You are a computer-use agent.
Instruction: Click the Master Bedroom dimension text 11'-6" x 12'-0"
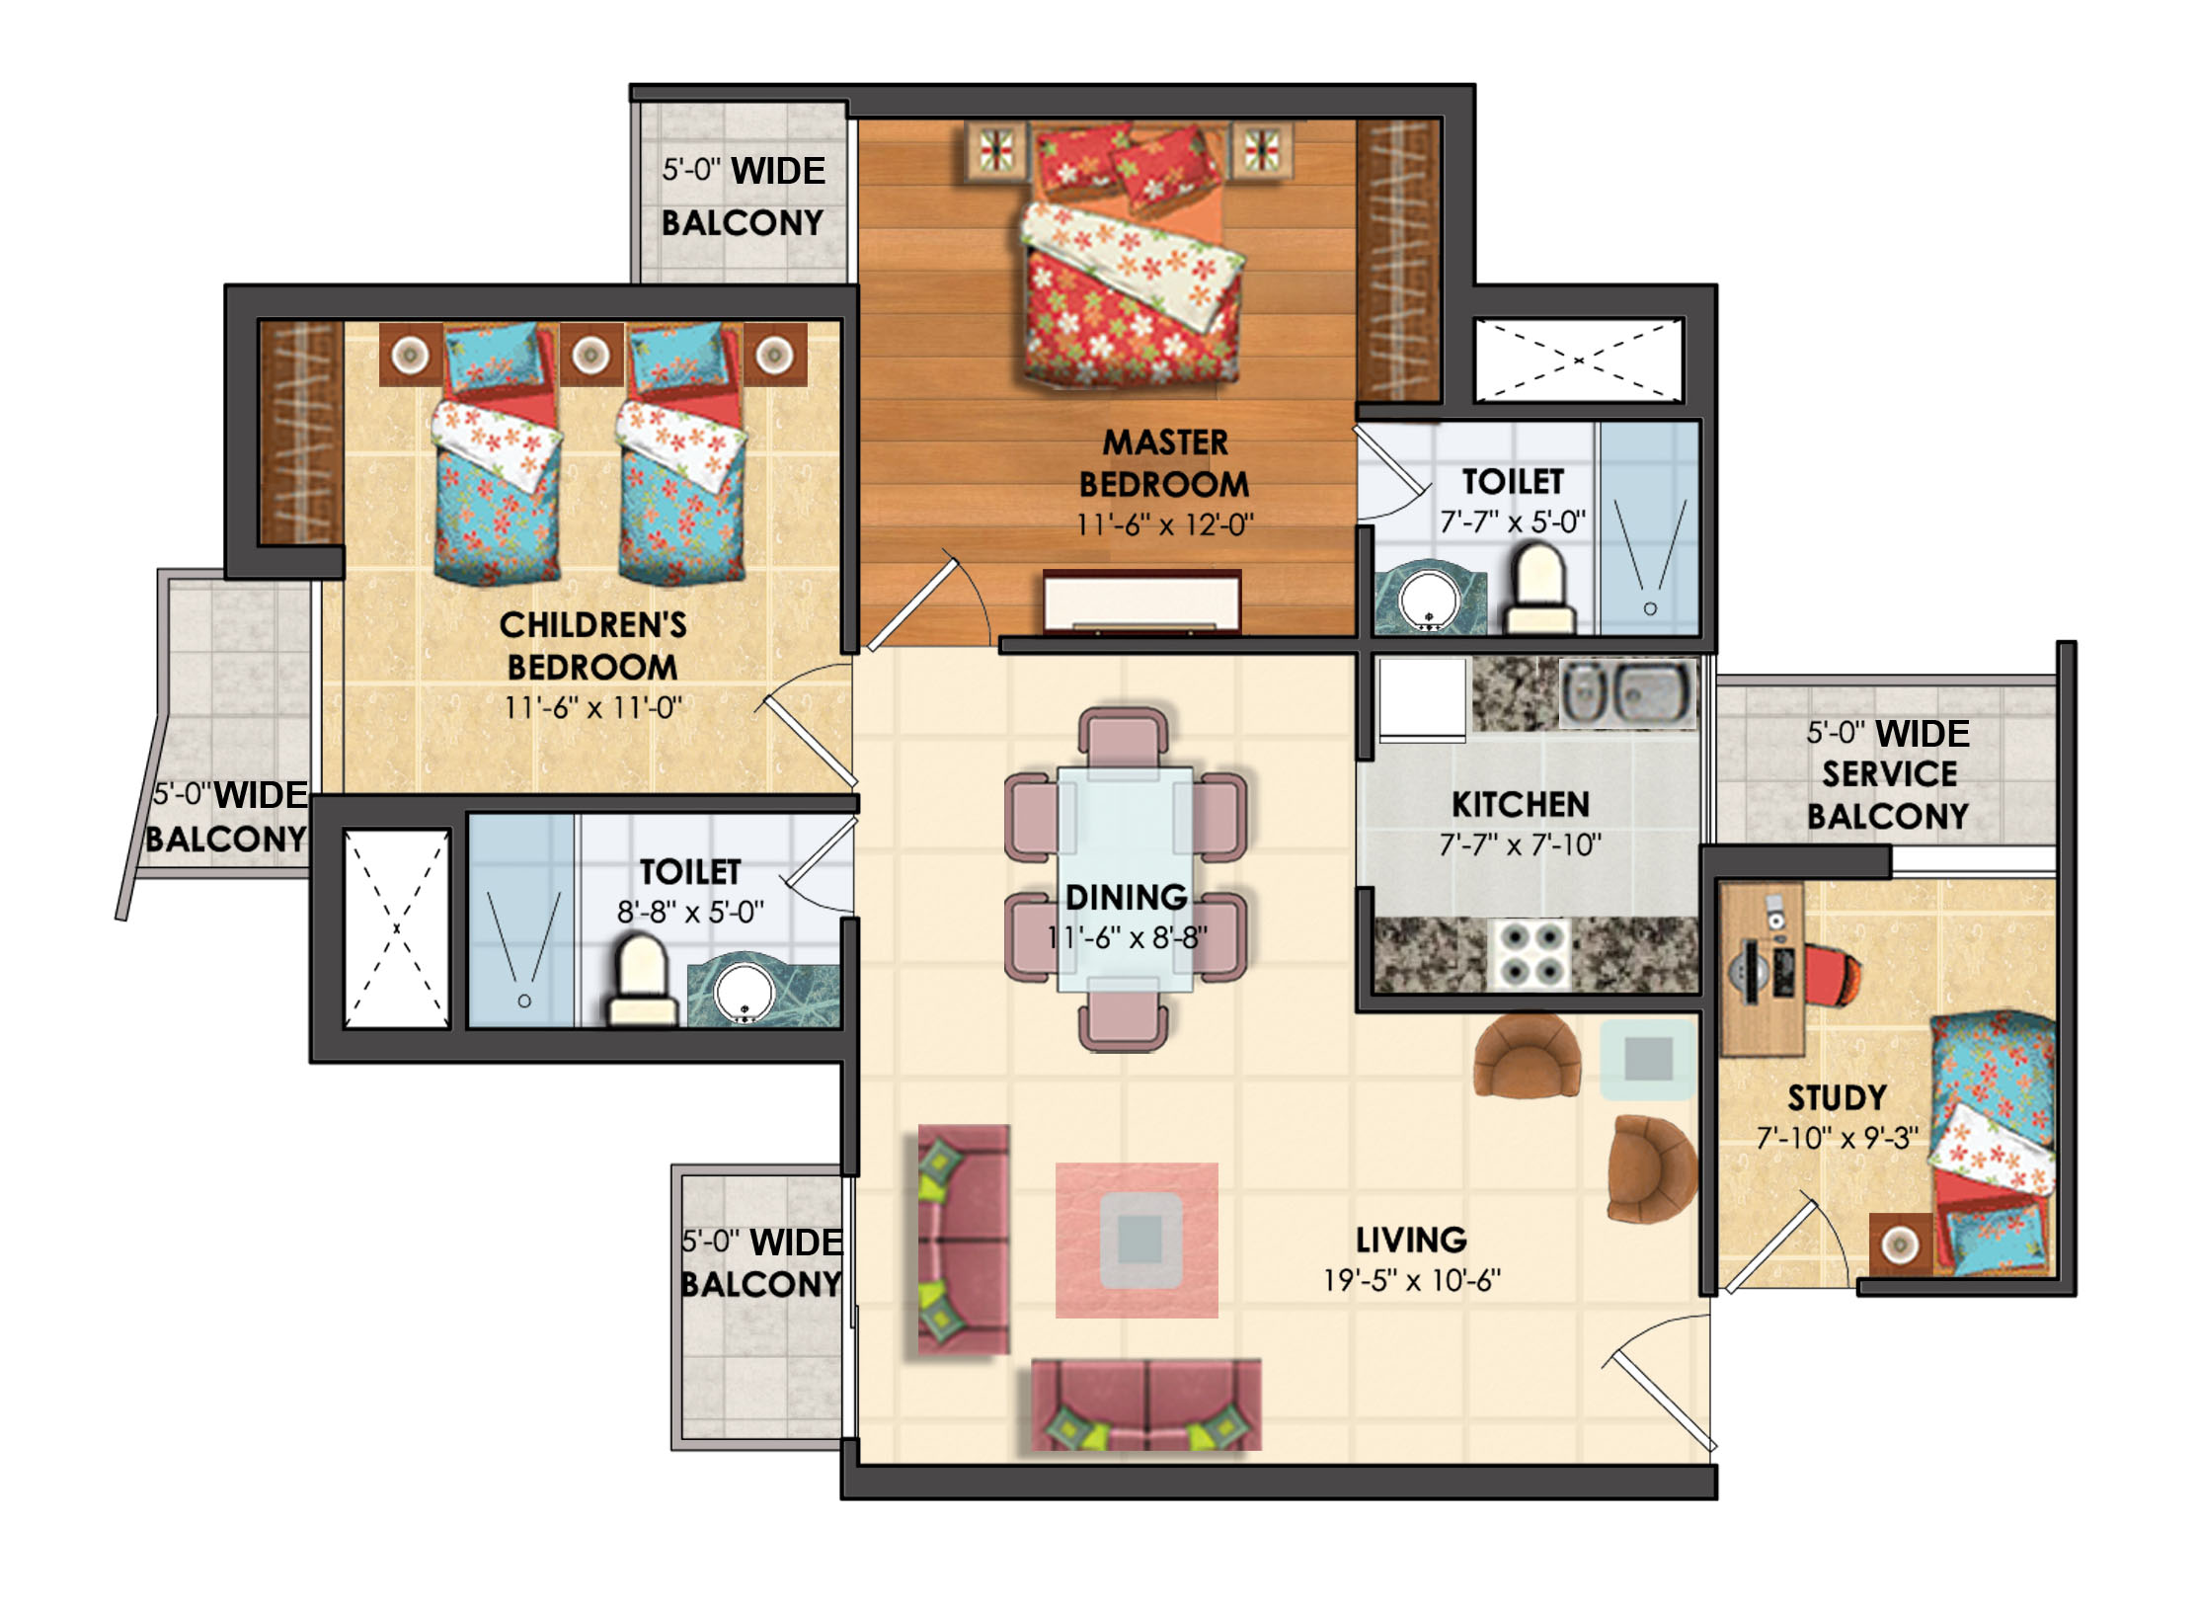tap(1164, 524)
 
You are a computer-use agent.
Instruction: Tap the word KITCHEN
tap(1520, 804)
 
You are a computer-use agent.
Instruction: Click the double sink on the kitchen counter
tap(1628, 692)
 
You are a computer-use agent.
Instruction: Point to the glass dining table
tap(1125, 879)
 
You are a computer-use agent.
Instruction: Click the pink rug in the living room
tap(1137, 1240)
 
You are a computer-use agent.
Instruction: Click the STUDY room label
tap(1837, 1097)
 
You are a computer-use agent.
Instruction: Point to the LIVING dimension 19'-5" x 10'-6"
tap(1411, 1280)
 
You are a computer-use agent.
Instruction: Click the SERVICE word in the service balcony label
tap(1889, 774)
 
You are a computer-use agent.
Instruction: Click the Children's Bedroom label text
tap(592, 646)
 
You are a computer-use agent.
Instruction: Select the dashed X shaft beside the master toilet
tap(1578, 361)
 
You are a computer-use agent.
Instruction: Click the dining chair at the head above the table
tap(1124, 736)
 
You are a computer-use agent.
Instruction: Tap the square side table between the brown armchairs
tap(1647, 1060)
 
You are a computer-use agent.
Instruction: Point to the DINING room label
tap(1126, 897)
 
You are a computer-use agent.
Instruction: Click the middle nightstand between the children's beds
tap(590, 354)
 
